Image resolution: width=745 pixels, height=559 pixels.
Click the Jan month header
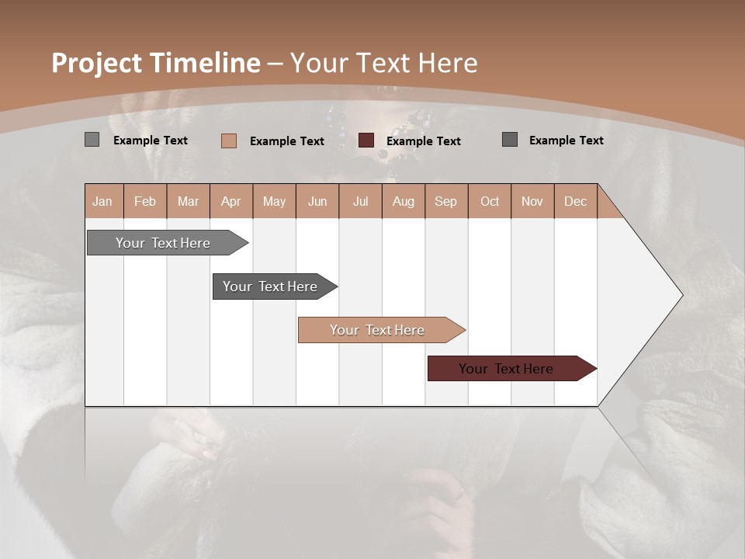pos(103,201)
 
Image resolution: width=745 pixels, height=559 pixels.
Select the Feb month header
pos(145,201)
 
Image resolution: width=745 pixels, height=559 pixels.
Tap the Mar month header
pos(188,201)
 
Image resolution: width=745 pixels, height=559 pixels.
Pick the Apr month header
pos(231,201)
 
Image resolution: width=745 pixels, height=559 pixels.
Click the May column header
pos(274,201)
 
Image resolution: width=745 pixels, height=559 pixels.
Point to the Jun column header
pos(317,201)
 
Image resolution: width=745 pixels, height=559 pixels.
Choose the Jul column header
pos(360,201)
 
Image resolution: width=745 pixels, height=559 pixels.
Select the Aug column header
pos(404,201)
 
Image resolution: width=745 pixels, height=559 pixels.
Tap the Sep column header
pos(446,201)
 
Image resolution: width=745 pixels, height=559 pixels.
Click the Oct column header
pos(490,201)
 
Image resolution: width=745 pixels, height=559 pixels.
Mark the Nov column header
pos(532,201)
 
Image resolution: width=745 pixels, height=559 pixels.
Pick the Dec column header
pos(576,201)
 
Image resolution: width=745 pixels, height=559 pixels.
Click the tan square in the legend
pos(229,141)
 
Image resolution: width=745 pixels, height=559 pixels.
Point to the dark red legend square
pos(366,141)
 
